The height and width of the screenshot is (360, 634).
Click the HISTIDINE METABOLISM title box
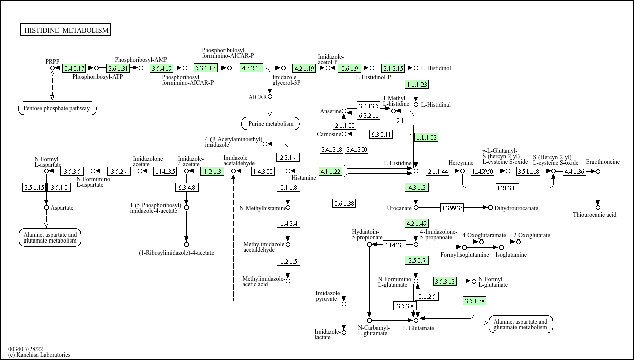coord(66,30)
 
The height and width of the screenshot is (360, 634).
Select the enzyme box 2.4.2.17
coord(74,68)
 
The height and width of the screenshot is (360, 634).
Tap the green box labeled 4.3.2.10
coord(252,68)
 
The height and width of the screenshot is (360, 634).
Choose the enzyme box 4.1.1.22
coord(330,171)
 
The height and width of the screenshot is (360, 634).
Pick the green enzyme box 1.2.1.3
coord(212,171)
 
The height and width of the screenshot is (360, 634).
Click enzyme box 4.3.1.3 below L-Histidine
coord(416,188)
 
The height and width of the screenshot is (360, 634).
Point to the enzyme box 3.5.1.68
coord(474,301)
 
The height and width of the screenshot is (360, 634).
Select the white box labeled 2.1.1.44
coord(437,171)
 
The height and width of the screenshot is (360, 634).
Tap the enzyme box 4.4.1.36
coord(574,171)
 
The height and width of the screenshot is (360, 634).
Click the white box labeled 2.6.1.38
coord(344,203)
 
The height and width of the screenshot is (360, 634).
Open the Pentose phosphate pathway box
coord(57,108)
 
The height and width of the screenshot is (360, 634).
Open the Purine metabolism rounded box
coord(270,123)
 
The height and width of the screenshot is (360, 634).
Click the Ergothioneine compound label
coord(603,162)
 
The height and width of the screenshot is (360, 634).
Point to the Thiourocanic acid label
coord(595,215)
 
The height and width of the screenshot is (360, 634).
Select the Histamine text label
coord(304,178)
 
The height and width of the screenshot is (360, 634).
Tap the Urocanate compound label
coord(399,208)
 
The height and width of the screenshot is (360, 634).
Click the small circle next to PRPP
coord(52,68)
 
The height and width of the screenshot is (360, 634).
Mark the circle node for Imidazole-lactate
coord(344,332)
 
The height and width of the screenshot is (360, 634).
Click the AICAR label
coord(258,97)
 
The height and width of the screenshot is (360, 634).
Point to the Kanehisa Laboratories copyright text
coord(39,355)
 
